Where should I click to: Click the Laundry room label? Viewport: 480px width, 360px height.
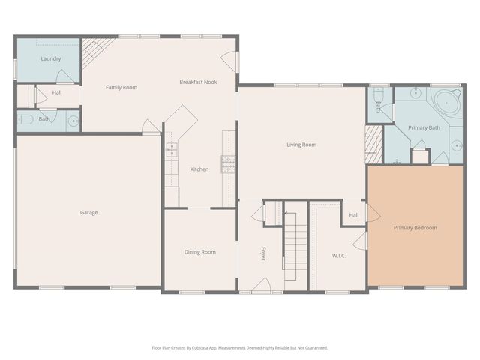coord(51,58)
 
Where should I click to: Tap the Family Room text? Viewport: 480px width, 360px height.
coord(121,88)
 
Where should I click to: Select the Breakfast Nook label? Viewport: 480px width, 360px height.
coord(198,82)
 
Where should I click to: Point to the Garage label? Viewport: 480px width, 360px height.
coord(89,212)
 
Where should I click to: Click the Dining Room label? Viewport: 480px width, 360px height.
coord(199,252)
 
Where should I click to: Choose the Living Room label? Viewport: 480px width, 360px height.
coord(301,145)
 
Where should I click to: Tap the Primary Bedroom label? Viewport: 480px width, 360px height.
coord(415,228)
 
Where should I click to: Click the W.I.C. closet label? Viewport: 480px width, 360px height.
coord(339,256)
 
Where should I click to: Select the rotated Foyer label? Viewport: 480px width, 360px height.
coord(263,253)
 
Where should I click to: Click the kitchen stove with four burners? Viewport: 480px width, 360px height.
coord(228,163)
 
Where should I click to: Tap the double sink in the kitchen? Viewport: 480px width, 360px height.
coord(172,151)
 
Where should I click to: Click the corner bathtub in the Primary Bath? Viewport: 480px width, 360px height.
coord(447,101)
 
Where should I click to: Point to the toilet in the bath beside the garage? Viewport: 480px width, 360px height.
coord(24,119)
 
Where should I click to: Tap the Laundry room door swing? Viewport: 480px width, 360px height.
coord(66,75)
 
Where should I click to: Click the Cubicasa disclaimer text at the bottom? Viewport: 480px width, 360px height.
coord(239,347)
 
